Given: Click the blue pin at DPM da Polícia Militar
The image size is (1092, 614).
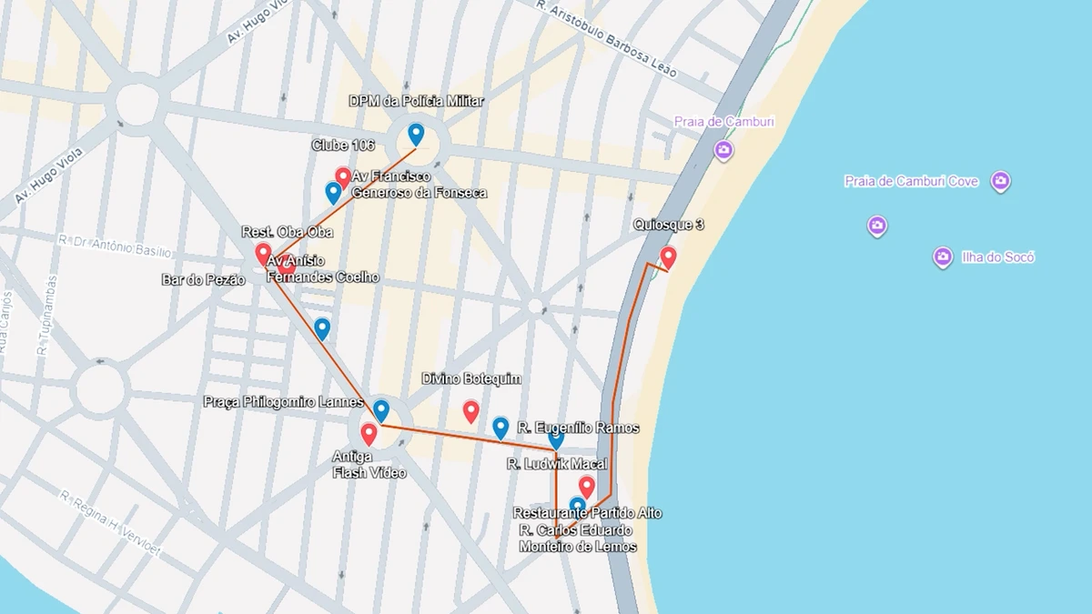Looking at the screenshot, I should [416, 135].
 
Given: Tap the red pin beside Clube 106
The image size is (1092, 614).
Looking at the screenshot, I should [343, 176].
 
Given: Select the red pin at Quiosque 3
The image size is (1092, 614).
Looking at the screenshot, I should [668, 257].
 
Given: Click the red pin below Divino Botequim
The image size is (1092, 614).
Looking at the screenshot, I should [470, 411].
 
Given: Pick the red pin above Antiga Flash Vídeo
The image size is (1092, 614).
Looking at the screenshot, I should [369, 434].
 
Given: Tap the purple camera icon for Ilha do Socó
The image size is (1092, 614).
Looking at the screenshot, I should [943, 257].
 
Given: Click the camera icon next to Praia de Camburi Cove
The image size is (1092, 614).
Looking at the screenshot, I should [1000, 181].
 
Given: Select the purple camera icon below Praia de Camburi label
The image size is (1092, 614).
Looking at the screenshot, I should [723, 150].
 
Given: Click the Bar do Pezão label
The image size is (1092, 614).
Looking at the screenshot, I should [203, 280].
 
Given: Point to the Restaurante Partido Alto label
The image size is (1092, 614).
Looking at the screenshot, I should [587, 513].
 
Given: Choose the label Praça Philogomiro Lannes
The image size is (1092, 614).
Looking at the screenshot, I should [283, 402].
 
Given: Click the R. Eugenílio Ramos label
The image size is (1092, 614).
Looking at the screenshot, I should [578, 428].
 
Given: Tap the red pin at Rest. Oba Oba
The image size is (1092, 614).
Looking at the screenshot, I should [263, 254].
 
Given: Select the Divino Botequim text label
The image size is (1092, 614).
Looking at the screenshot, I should [471, 378].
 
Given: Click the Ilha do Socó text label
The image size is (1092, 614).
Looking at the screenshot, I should [997, 257].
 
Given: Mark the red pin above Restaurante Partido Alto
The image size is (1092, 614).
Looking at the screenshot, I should [586, 487].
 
